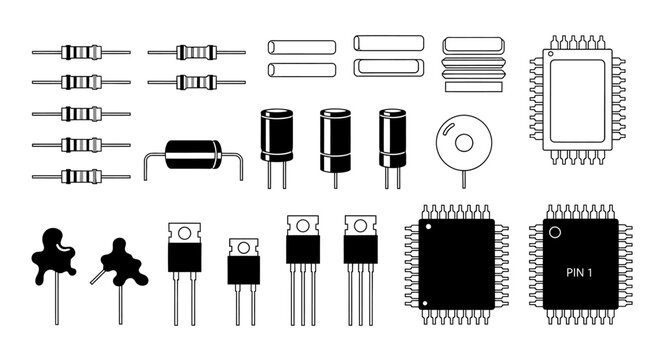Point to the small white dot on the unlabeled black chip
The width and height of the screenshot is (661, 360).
(x=428, y=230)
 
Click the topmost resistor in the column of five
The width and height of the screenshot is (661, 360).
(x=80, y=52)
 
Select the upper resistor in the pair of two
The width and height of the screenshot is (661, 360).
(x=195, y=51)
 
